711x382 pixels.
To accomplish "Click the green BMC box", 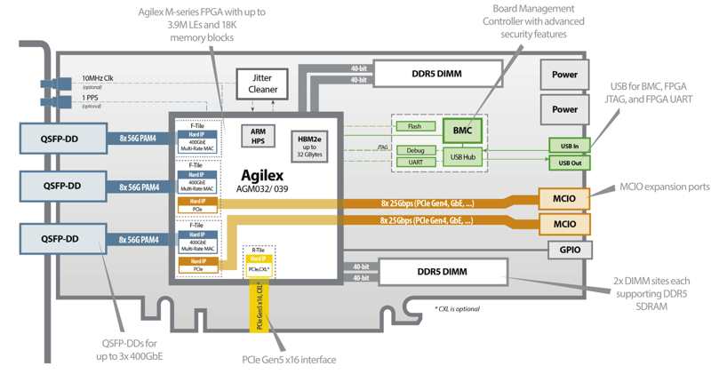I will pos(463,131).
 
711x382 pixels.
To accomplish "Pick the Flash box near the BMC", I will pos(415,126).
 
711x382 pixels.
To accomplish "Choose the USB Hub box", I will pos(462,157).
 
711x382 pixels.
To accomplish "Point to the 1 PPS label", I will pos(92,98).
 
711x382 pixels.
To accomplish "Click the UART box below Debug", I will pos(415,163).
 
